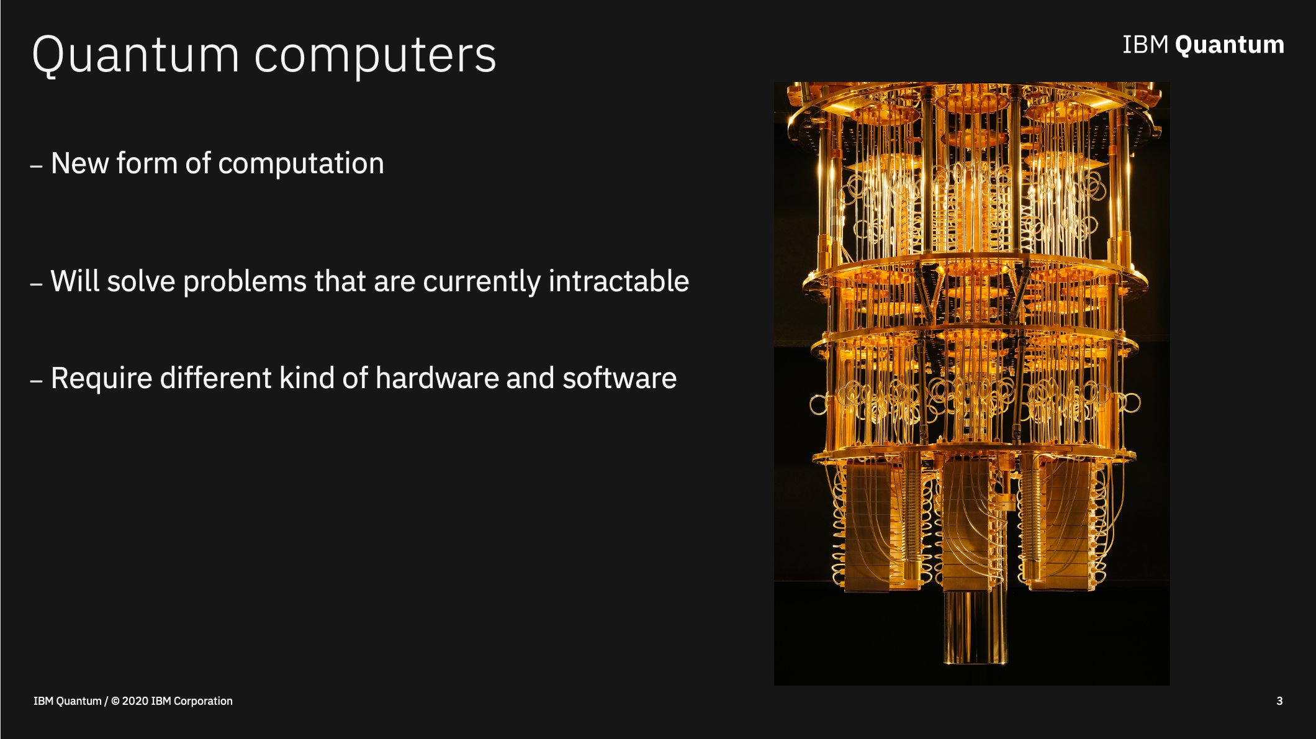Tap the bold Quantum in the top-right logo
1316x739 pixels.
click(1229, 45)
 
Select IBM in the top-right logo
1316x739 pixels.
click(1145, 45)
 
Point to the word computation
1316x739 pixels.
click(301, 164)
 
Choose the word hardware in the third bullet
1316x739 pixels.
click(437, 378)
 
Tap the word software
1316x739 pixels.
click(620, 378)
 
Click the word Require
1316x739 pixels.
click(101, 379)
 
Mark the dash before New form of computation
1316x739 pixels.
click(37, 166)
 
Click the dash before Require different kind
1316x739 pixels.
click(37, 381)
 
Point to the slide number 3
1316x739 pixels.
click(1279, 701)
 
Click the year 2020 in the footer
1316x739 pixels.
click(135, 701)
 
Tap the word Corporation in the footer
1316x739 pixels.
click(203, 701)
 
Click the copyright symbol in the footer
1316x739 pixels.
click(115, 701)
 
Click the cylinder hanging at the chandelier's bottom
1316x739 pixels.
click(975, 627)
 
